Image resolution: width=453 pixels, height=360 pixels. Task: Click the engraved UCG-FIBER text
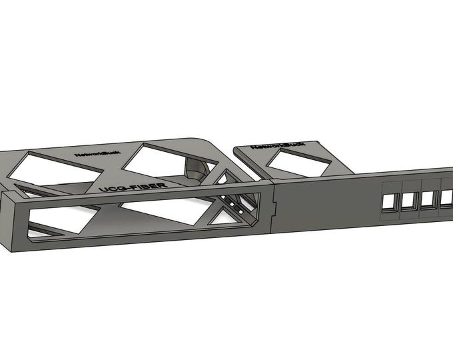click(131, 185)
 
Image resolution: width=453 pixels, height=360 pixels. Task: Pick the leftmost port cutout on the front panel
click(388, 201)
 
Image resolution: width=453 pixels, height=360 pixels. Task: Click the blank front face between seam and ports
click(326, 203)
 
